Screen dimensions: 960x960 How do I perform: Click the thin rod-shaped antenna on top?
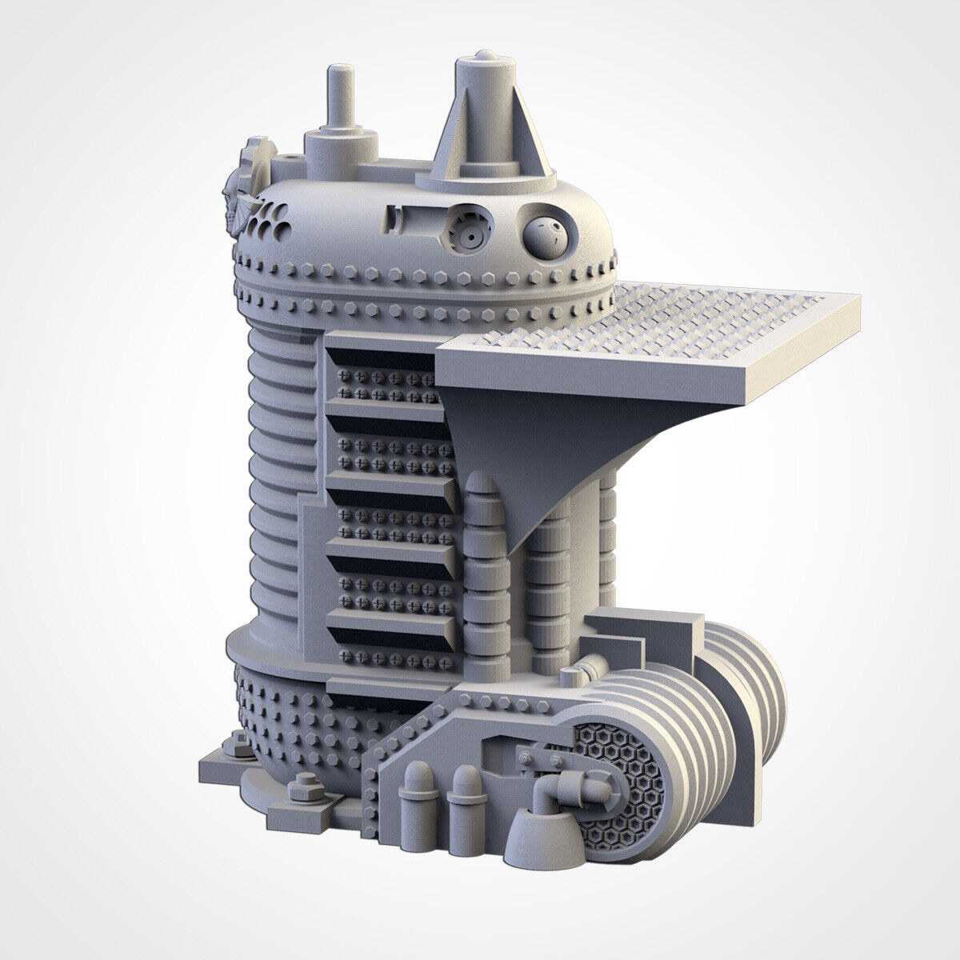click(340, 96)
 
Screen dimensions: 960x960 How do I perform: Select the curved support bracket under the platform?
click(512, 448)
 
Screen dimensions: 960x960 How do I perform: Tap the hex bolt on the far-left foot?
click(238, 746)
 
